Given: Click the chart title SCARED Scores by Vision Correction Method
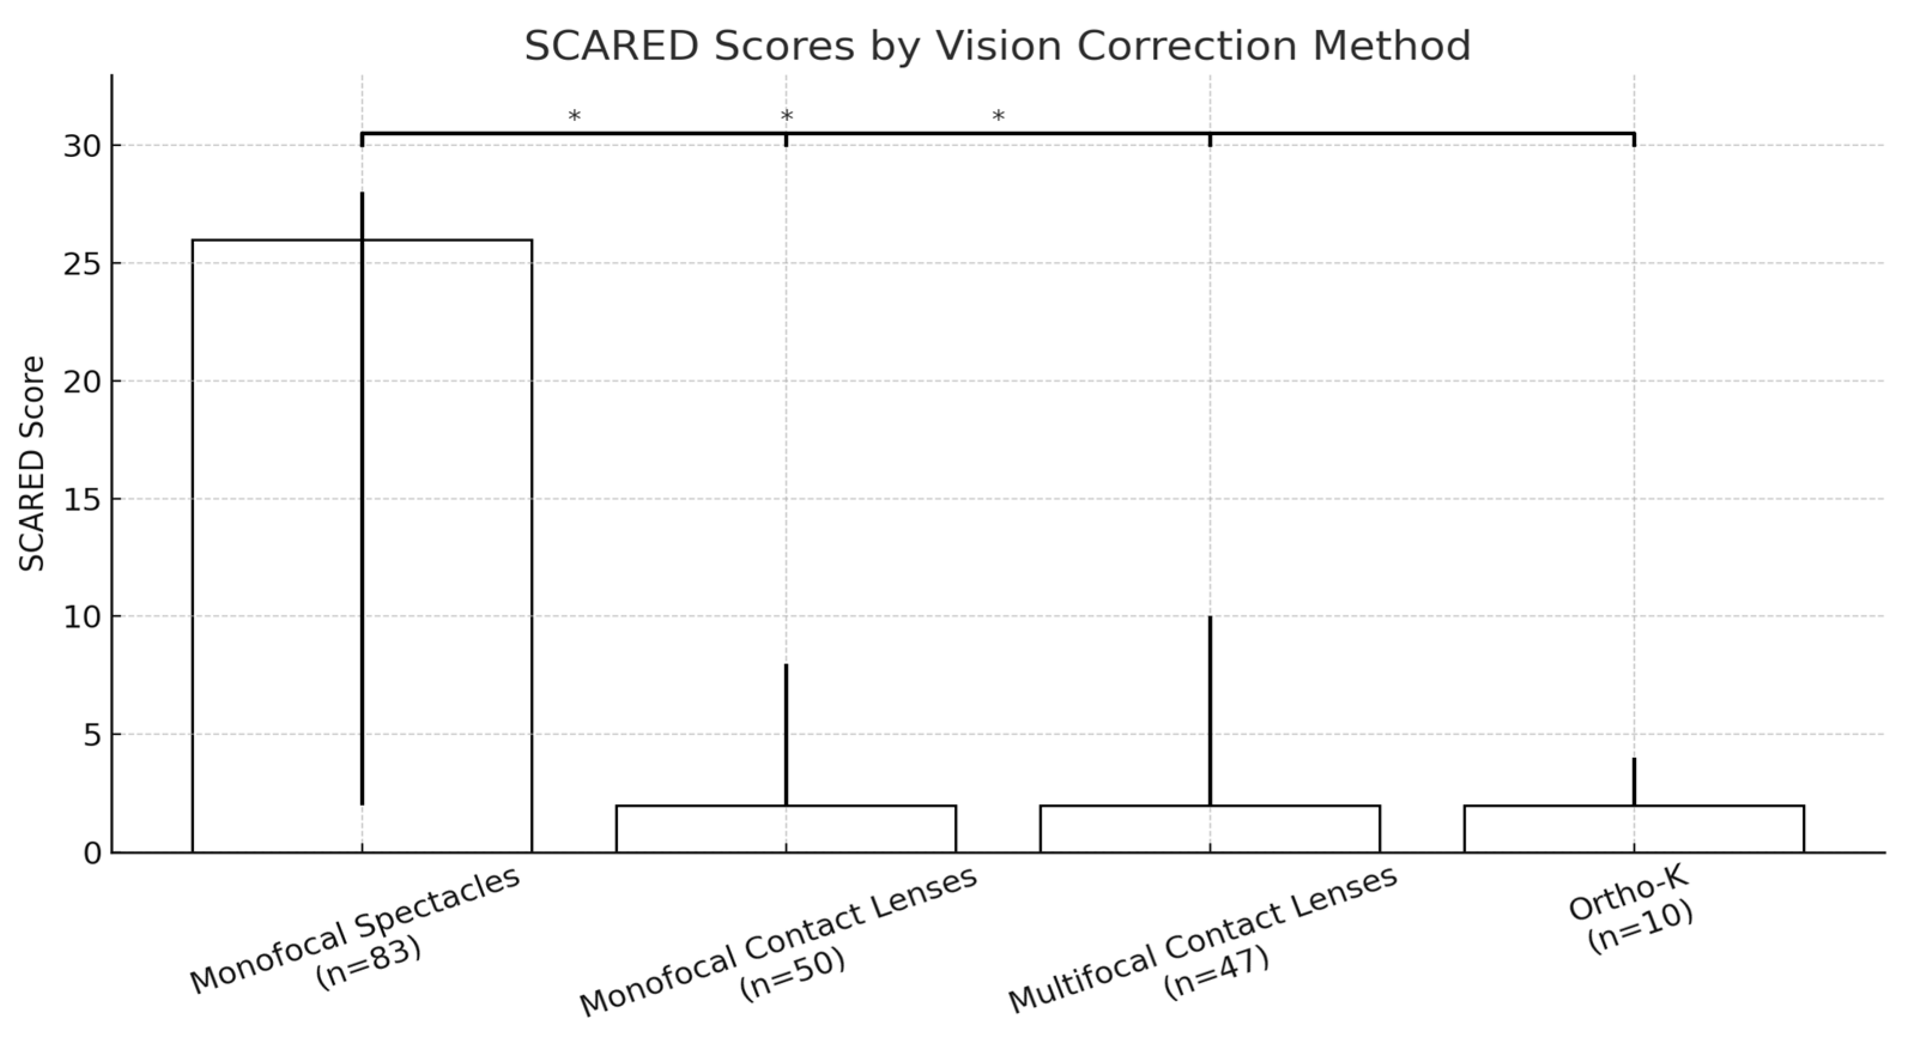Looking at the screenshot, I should pyautogui.click(x=997, y=46).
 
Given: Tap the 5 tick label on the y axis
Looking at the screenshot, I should pyautogui.click(x=92, y=735).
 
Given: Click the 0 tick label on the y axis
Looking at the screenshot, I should pyautogui.click(x=92, y=853).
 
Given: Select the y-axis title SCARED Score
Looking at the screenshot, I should pyautogui.click(x=31, y=464).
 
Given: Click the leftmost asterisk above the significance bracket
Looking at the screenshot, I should pyautogui.click(x=574, y=117).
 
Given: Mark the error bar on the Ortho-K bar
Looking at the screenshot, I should pyautogui.click(x=1634, y=781).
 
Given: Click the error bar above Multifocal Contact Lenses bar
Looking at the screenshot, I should pyautogui.click(x=1210, y=710).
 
